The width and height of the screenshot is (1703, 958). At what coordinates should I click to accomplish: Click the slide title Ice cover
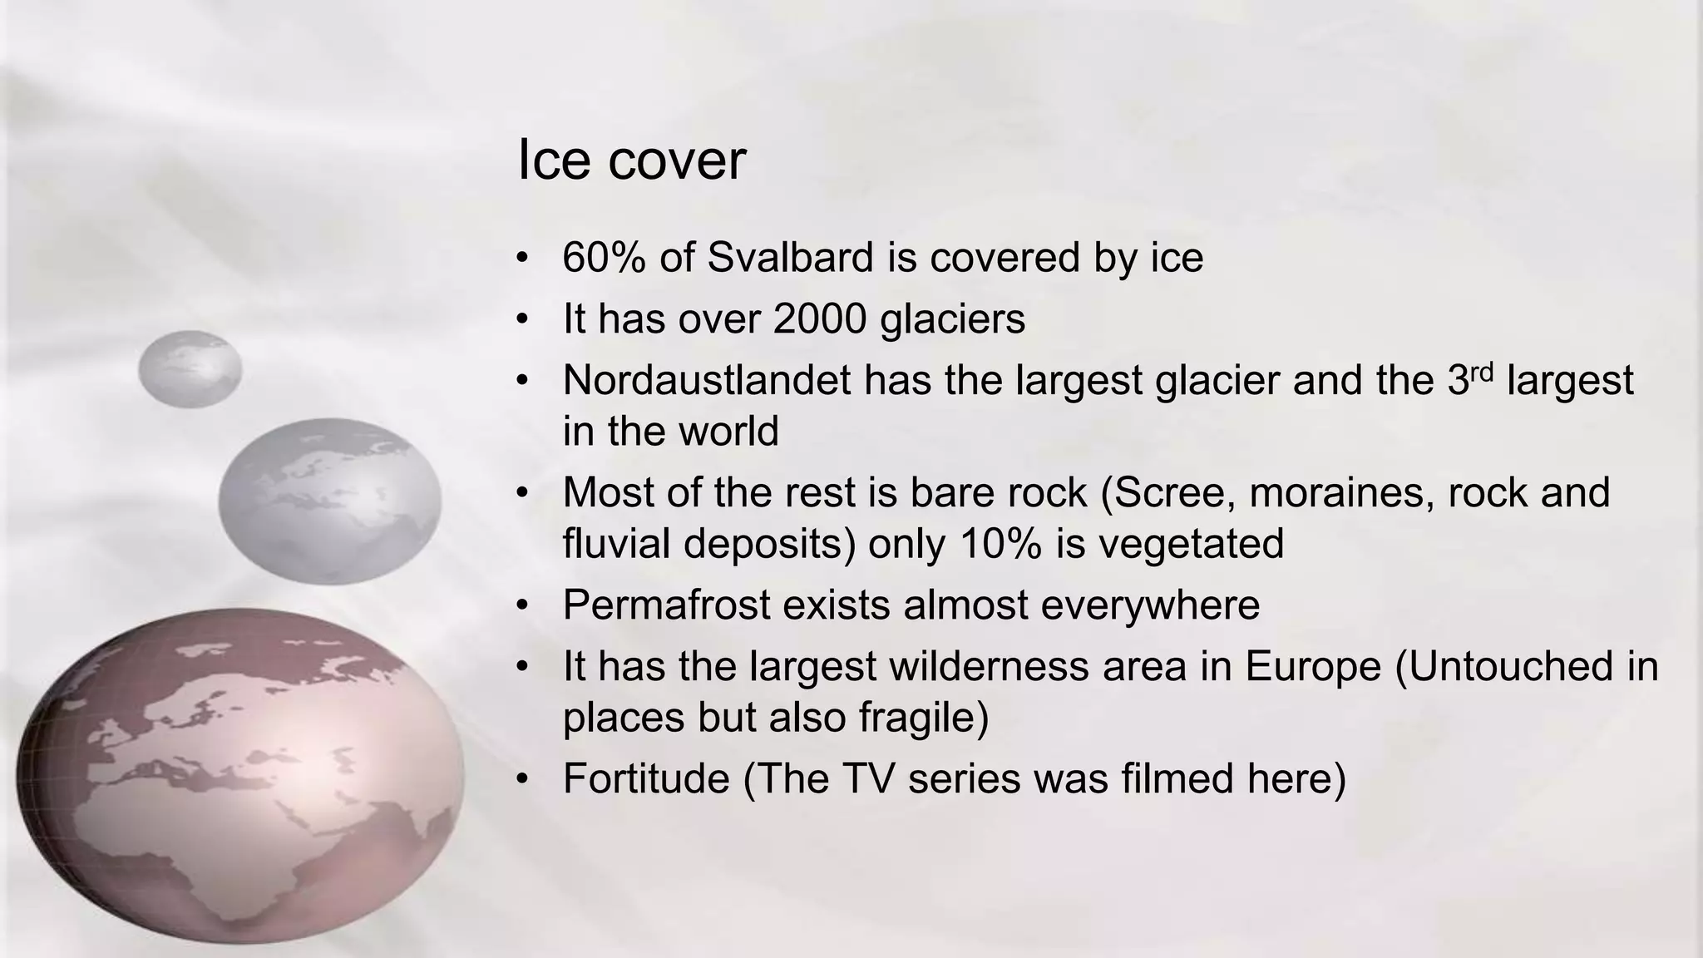pyautogui.click(x=631, y=160)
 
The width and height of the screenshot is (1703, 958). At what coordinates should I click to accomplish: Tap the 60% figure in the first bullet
pyautogui.click(x=604, y=258)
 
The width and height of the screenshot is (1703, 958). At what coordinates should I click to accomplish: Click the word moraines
pyautogui.click(x=1341, y=492)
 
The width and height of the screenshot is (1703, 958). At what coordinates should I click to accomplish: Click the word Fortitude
pyautogui.click(x=646, y=779)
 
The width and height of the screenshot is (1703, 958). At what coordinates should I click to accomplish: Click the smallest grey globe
pyautogui.click(x=190, y=368)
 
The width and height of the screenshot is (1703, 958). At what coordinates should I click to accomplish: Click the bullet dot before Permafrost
pyautogui.click(x=521, y=605)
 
